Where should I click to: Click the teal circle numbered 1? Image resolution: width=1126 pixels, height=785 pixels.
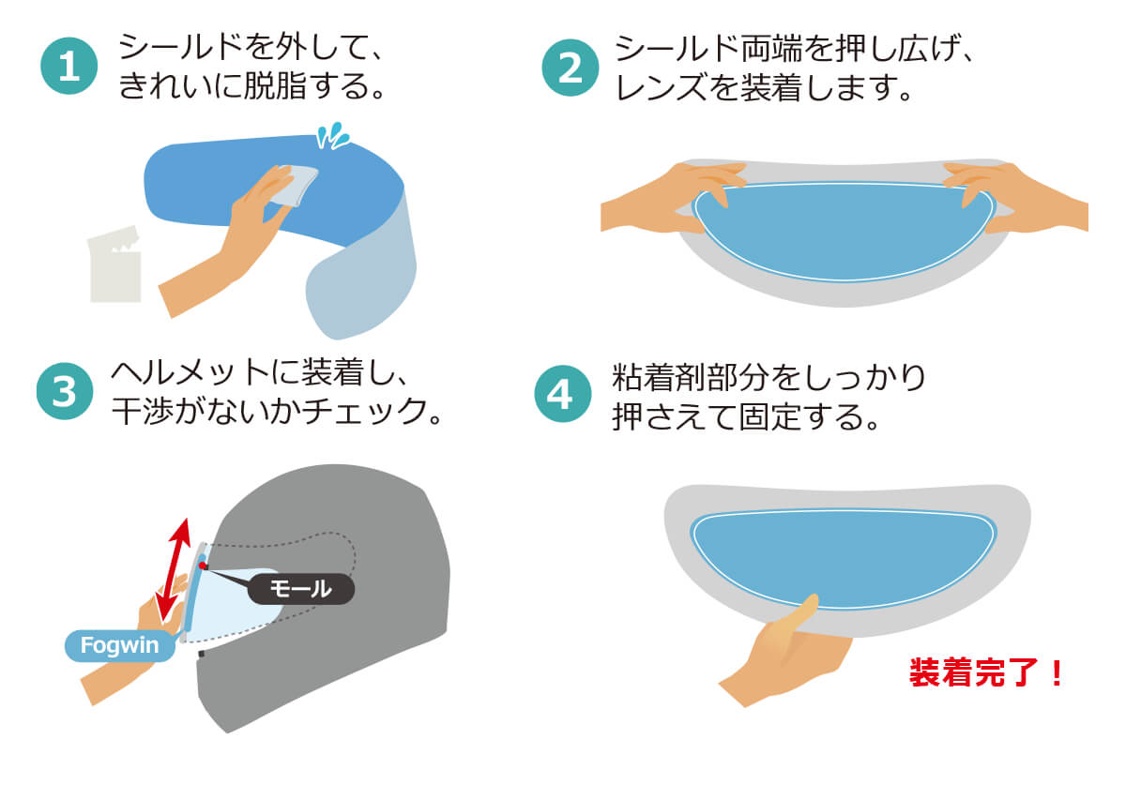(x=68, y=66)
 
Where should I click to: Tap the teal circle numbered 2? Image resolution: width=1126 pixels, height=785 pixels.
(x=571, y=68)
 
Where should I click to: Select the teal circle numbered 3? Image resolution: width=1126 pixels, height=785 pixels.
(x=65, y=391)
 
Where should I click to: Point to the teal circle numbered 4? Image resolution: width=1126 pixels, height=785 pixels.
(x=562, y=394)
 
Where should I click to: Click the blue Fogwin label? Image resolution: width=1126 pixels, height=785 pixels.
(x=120, y=645)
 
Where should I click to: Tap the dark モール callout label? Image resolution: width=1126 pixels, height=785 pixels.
(x=301, y=588)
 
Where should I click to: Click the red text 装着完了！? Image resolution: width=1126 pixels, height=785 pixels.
(x=986, y=672)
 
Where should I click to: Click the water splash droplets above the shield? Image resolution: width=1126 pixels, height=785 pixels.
(x=332, y=135)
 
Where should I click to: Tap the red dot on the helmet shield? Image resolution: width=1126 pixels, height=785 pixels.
(x=202, y=566)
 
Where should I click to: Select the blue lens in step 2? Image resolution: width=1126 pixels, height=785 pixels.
(x=843, y=231)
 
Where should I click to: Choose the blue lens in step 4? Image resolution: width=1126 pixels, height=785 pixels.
(x=843, y=558)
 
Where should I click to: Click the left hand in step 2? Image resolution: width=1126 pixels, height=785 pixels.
(x=674, y=199)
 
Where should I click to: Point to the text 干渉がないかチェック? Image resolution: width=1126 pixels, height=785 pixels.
(x=269, y=412)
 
